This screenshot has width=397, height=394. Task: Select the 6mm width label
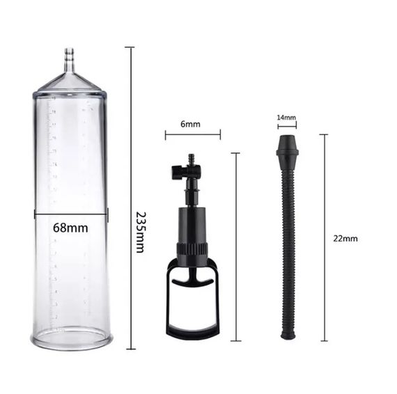190,125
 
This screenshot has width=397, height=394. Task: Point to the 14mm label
287,118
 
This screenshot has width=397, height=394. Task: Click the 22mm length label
345,238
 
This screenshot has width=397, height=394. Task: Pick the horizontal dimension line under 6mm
193,135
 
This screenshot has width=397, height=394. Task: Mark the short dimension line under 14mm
287,126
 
